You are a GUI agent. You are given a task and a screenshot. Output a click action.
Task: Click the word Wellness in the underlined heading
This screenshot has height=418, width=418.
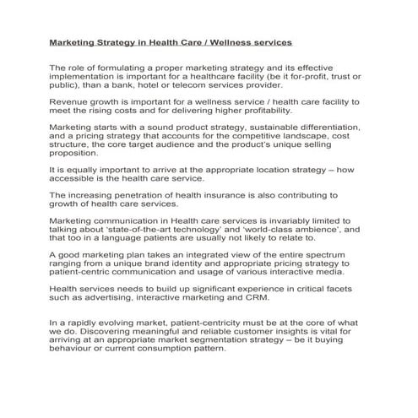[235, 41]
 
